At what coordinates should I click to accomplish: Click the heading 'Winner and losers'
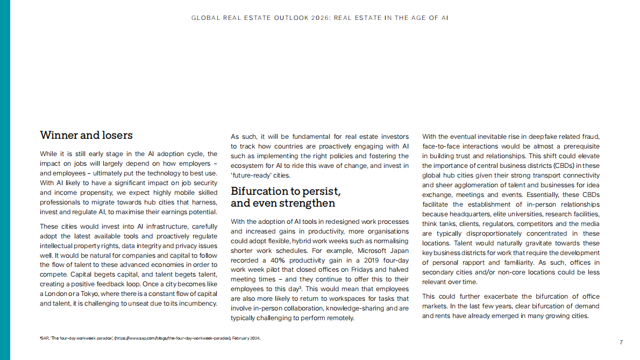point(86,135)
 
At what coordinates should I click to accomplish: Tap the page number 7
point(621,342)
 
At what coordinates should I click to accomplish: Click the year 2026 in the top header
point(318,18)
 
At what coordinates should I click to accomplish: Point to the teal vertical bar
point(5,180)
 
